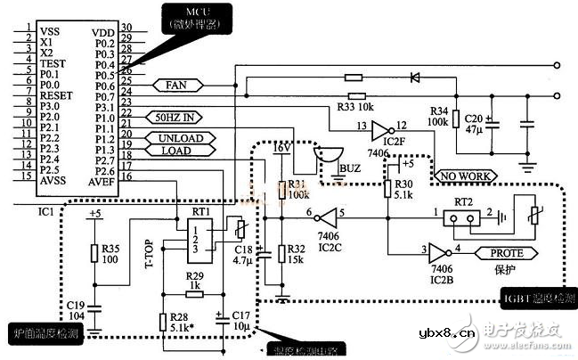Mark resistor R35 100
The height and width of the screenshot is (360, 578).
[x=94, y=253]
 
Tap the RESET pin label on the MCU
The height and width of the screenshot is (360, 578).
[x=55, y=94]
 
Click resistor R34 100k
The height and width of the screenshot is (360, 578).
[x=456, y=119]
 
